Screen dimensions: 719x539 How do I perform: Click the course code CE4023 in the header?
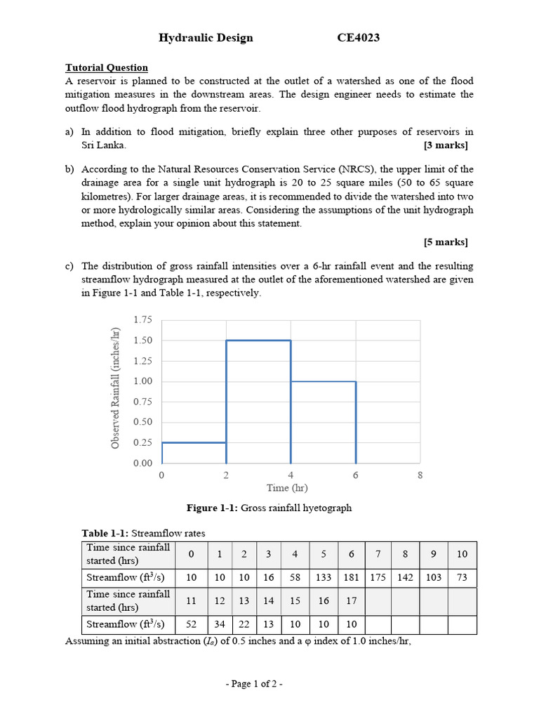359,38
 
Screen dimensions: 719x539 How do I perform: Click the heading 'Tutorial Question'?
107,67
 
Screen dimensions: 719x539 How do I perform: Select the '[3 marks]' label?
446,145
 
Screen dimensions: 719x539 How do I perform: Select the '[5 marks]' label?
446,242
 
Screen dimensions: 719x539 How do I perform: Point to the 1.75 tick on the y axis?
142,320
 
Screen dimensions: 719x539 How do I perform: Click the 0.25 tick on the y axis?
142,442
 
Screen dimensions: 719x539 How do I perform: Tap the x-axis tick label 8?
420,475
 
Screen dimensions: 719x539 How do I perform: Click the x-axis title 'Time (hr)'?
287,487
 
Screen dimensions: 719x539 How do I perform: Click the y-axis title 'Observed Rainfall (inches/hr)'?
115,390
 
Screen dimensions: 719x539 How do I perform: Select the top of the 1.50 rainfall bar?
258,341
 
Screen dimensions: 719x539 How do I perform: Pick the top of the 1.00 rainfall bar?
323,381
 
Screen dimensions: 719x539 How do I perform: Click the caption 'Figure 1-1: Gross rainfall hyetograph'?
269,508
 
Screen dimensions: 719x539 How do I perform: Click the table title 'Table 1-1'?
104,532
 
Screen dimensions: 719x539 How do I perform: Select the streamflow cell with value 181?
352,577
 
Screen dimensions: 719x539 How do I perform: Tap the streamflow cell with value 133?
324,577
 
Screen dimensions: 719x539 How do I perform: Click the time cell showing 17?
352,601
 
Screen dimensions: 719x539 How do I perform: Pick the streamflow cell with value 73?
462,577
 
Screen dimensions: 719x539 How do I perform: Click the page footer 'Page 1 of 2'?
269,684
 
